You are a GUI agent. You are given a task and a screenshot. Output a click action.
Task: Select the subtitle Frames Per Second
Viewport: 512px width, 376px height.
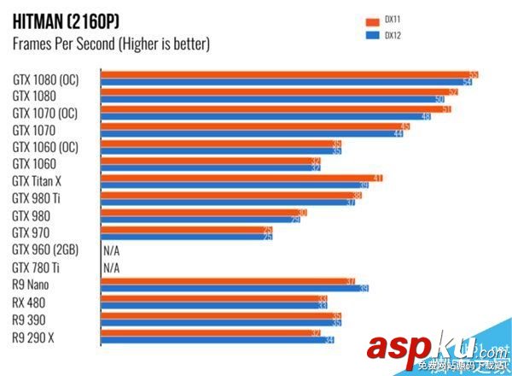[x=111, y=43]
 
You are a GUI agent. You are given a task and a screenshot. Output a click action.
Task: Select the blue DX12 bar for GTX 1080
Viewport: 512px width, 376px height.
[x=273, y=99]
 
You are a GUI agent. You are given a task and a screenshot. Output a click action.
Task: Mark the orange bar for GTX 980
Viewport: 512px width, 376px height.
[x=204, y=212]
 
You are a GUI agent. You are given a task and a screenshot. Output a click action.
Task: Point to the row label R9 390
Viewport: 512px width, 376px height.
[x=29, y=320]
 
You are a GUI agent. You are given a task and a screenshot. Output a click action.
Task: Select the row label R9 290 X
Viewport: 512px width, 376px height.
[x=34, y=337]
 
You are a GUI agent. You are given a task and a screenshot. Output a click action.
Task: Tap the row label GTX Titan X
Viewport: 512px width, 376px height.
[x=38, y=181]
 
